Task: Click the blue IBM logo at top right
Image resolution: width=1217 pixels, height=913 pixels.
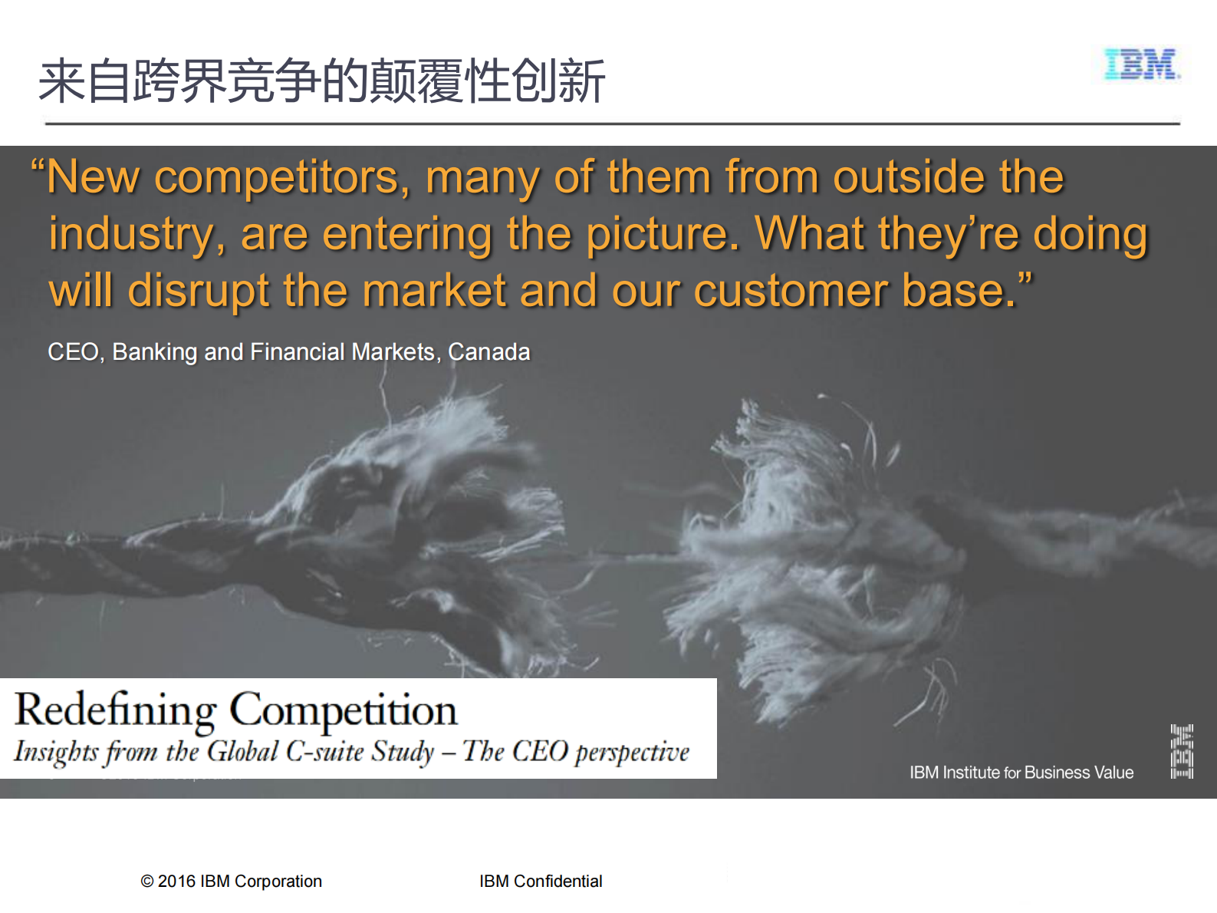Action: (x=1142, y=64)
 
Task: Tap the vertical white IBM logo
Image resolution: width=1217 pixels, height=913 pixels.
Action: (x=1182, y=752)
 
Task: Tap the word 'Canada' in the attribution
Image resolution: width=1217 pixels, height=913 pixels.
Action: (x=489, y=352)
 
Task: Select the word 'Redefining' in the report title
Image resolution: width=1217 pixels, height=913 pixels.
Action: (x=115, y=710)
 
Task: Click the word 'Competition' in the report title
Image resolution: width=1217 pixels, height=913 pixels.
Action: (x=344, y=710)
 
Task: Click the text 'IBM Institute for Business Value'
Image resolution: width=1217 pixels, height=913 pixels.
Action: (x=1021, y=772)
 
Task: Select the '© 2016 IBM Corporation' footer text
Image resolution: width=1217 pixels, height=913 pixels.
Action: (x=231, y=881)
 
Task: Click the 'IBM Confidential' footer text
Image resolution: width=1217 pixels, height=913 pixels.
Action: (x=541, y=881)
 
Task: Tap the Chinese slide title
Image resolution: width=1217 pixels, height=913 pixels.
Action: (x=321, y=81)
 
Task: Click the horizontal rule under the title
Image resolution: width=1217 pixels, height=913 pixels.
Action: (x=612, y=123)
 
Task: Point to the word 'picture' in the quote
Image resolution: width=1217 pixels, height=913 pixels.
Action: (x=663, y=236)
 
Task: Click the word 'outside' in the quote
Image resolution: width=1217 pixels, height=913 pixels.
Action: (x=909, y=177)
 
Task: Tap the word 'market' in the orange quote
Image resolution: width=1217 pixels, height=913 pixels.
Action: (x=434, y=291)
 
